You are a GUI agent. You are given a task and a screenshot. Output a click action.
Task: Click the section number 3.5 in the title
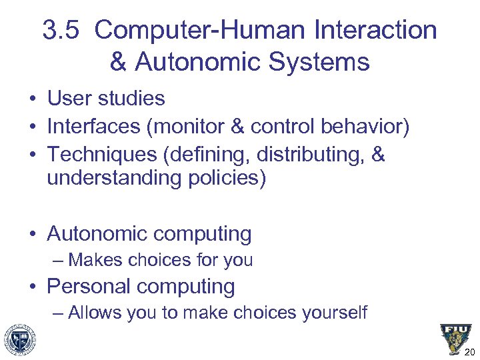(x=62, y=31)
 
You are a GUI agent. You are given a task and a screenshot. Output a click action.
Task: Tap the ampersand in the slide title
(x=117, y=63)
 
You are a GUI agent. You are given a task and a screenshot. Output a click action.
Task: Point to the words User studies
(x=106, y=99)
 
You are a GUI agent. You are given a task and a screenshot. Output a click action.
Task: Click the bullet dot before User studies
(x=32, y=99)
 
